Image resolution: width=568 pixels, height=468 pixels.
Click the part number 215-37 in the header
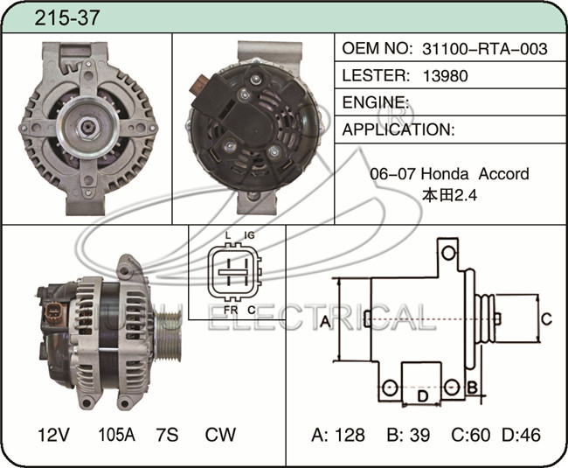point(66,17)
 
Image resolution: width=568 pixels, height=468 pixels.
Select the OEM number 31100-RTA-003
point(485,49)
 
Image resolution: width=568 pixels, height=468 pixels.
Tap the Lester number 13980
point(445,76)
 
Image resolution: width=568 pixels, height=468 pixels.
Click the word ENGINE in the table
point(373,102)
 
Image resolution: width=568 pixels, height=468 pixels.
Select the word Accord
point(503,174)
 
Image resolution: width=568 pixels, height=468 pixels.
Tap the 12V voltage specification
point(53,435)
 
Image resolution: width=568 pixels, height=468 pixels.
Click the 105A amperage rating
point(116,435)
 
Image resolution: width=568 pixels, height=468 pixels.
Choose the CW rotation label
point(220,435)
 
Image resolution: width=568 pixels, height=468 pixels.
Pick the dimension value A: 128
point(337,435)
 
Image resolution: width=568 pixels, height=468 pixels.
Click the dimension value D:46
point(521,435)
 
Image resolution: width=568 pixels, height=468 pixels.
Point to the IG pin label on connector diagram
point(249,235)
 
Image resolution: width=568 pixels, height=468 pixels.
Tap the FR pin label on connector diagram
point(231,310)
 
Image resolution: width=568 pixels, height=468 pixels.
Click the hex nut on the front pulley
point(87,128)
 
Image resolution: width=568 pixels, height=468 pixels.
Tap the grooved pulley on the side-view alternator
point(168,336)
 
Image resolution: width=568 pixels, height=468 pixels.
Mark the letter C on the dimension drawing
point(546,319)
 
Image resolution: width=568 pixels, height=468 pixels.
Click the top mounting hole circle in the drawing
point(449,253)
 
